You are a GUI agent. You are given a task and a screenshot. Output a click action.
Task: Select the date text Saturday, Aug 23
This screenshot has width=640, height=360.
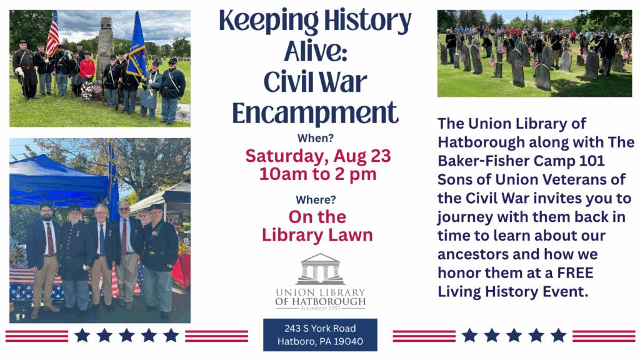(318, 156)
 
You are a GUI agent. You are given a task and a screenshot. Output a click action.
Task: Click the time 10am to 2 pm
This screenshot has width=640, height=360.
(318, 174)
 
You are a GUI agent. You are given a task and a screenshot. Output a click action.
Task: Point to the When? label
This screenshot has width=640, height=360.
(316, 138)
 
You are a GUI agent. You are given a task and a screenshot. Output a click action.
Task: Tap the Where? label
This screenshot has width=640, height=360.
(316, 199)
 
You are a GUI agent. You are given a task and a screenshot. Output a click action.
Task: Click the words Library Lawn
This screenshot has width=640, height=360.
(317, 235)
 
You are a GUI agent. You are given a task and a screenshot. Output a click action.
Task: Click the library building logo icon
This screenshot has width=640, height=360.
(321, 269)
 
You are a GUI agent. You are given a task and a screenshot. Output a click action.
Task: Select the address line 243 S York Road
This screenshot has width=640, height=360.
(320, 329)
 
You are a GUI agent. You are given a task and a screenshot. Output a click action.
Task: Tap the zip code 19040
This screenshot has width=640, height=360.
(348, 341)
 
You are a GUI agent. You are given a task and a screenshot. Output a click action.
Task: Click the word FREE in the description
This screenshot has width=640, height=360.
(575, 272)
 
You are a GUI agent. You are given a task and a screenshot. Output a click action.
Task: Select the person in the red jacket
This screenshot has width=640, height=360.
(87, 74)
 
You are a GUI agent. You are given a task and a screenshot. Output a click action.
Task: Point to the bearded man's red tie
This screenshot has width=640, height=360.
(50, 239)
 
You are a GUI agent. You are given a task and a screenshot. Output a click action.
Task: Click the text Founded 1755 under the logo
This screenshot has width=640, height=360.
(321, 309)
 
